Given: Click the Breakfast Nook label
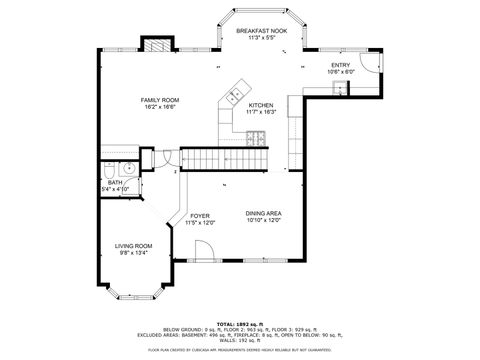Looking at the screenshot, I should click(x=261, y=31).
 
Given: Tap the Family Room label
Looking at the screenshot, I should click(x=159, y=99).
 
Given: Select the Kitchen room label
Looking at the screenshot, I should click(x=261, y=105).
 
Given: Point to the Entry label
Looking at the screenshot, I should click(x=341, y=65).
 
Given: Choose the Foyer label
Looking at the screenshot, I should click(x=200, y=215).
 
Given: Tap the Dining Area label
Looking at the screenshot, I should click(x=263, y=213).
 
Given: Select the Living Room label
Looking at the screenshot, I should click(x=133, y=245).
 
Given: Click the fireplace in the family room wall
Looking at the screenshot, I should click(x=154, y=45).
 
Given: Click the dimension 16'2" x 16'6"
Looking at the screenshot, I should click(x=159, y=106).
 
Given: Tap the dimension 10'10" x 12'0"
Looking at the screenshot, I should click(x=263, y=220).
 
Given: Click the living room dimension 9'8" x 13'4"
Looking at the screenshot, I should click(x=133, y=252).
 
